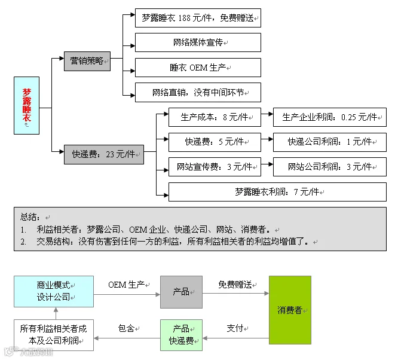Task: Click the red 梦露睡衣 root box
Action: (27, 105)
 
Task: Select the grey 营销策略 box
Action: (87, 61)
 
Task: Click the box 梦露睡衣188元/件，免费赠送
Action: (198, 18)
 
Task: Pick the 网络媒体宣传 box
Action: (198, 42)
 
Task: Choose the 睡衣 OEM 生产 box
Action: (198, 68)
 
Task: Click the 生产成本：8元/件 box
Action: (215, 117)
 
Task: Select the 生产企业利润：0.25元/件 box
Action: (329, 117)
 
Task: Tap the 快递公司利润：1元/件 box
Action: (329, 142)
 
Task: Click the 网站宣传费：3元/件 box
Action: (215, 167)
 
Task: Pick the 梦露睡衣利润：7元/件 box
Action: (277, 192)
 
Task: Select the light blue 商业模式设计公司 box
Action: (54, 291)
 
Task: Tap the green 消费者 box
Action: (290, 310)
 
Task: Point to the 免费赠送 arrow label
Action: (235, 284)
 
